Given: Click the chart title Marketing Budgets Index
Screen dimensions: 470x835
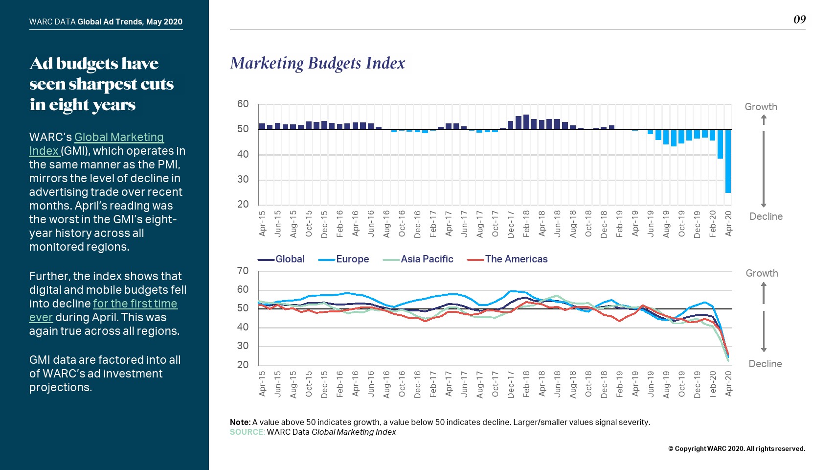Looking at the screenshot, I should pyautogui.click(x=317, y=63).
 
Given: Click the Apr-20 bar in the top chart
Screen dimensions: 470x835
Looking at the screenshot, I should pyautogui.click(x=728, y=161).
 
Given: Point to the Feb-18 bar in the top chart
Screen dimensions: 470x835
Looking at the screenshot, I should pyautogui.click(x=526, y=122).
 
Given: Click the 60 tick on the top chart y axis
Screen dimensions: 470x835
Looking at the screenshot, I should pyautogui.click(x=243, y=104).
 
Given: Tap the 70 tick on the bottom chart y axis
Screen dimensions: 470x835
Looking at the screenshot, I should pyautogui.click(x=243, y=271).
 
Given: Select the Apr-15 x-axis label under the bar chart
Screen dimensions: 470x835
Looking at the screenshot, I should pyautogui.click(x=262, y=224).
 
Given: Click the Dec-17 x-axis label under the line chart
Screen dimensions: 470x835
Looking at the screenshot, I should pyautogui.click(x=511, y=384).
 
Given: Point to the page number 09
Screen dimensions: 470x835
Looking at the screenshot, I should pyautogui.click(x=799, y=20).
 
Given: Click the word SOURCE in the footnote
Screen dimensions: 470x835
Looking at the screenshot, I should pyautogui.click(x=247, y=432).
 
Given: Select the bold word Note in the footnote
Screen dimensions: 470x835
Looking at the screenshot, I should pyautogui.click(x=240, y=422).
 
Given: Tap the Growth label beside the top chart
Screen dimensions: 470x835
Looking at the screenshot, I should pyautogui.click(x=761, y=107).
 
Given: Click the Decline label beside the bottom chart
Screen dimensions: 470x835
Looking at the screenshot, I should pyautogui.click(x=765, y=364).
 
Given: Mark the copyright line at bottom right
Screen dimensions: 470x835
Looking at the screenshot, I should pyautogui.click(x=736, y=448).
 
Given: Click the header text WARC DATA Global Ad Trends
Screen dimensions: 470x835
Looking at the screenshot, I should pyautogui.click(x=106, y=22).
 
